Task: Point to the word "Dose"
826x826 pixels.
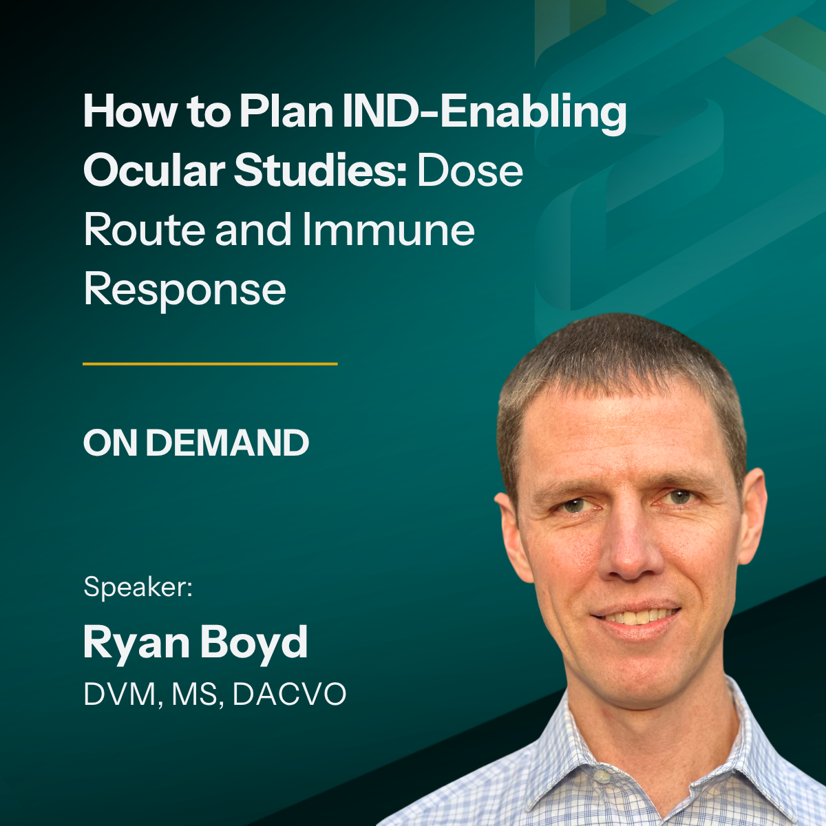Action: (x=470, y=171)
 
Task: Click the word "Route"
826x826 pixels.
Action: (x=144, y=230)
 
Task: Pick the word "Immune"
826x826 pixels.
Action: (x=388, y=230)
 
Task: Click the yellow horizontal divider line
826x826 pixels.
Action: (x=210, y=364)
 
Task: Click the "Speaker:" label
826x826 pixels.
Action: (x=138, y=587)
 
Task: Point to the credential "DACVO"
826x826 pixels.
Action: (x=289, y=695)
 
